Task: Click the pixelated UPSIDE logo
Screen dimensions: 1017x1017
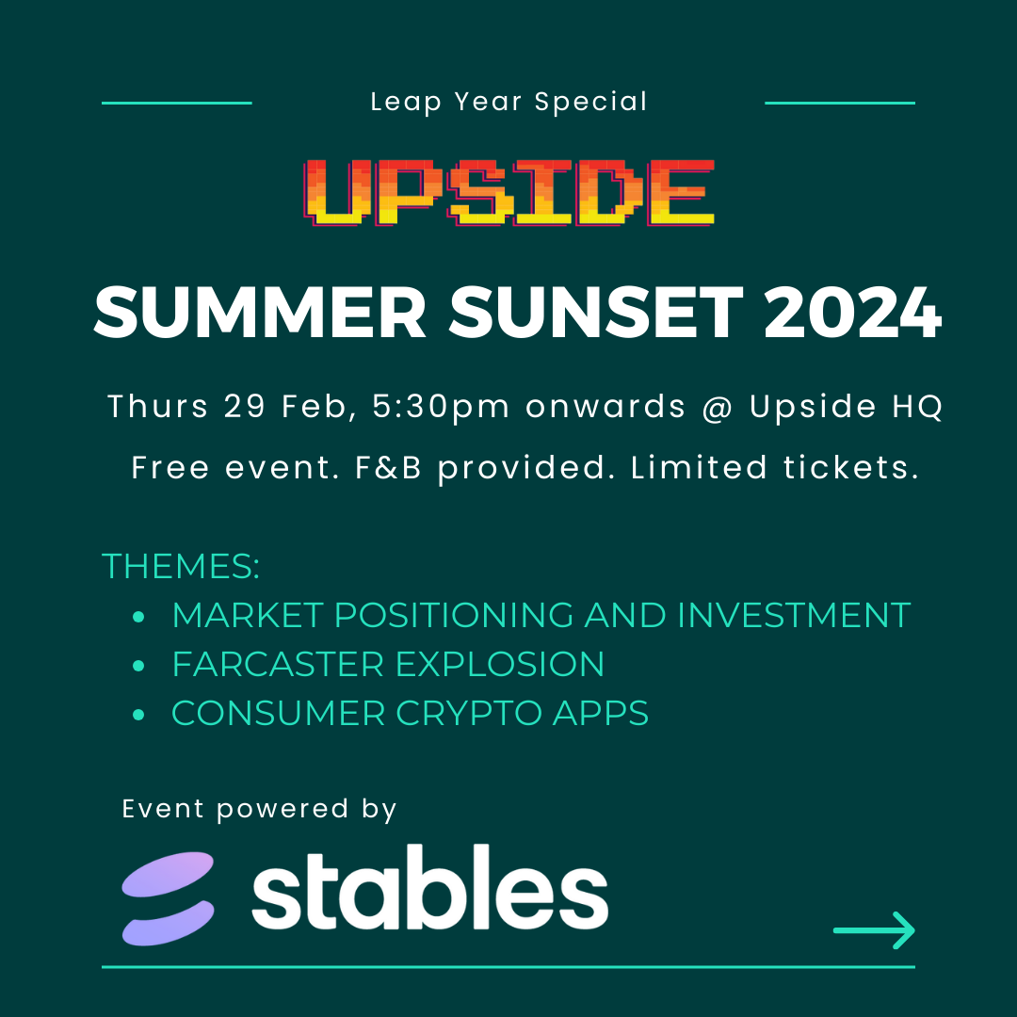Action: point(509,193)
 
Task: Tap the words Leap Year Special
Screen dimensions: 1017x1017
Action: point(509,102)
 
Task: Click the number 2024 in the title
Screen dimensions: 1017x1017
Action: point(852,313)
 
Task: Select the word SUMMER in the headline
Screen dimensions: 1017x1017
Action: point(261,313)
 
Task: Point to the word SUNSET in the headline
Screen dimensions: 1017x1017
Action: point(595,313)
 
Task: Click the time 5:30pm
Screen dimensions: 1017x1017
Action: point(441,408)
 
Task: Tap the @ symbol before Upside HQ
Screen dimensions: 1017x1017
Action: point(718,408)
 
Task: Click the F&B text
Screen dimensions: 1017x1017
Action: point(389,468)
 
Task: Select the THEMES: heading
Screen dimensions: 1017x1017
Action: point(181,566)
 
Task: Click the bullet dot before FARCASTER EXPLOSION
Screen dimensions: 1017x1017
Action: point(138,666)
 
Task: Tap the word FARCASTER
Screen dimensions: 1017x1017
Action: point(278,664)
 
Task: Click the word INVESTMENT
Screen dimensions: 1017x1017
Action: point(794,615)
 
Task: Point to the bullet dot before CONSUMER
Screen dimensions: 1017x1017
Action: point(138,715)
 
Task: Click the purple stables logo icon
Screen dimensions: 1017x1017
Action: point(168,898)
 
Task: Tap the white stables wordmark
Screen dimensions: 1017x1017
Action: point(430,887)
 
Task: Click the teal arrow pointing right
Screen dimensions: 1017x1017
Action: point(874,930)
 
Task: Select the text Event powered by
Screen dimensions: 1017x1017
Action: point(260,810)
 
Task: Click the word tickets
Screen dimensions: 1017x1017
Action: point(851,468)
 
